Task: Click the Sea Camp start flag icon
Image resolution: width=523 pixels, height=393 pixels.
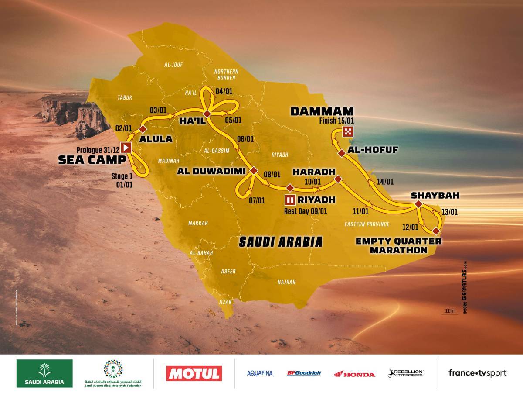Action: pos(126,148)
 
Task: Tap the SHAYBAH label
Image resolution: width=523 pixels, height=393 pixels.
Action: pos(429,195)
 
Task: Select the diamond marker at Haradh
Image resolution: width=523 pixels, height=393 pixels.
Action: pos(337,179)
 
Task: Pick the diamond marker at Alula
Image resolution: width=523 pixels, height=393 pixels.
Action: pos(143,129)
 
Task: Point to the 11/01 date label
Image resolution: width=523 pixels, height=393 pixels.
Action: pos(361,211)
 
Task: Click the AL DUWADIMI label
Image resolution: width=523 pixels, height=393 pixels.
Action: pos(211,171)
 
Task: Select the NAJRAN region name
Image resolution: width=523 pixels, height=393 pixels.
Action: pos(286,282)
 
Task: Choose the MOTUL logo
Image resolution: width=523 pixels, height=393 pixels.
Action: pos(194,373)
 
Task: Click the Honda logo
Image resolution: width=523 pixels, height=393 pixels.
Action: pos(354,374)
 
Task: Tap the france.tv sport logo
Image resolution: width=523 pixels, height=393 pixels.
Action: pos(477,373)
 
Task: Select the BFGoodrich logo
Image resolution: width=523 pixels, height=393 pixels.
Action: pos(304,373)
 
